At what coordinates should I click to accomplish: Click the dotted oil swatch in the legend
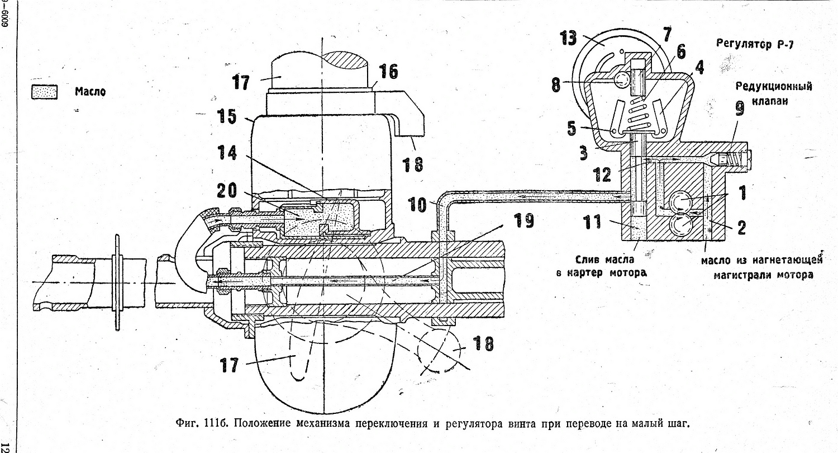(x=45, y=92)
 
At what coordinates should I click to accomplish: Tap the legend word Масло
(x=90, y=92)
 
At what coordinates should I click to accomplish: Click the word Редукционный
(x=773, y=87)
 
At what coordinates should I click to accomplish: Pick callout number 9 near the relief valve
(x=739, y=108)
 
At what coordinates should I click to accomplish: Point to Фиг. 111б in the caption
(x=202, y=422)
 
